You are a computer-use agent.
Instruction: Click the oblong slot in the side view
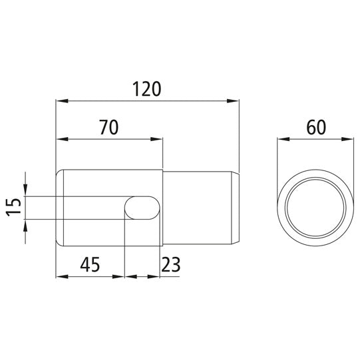(143, 208)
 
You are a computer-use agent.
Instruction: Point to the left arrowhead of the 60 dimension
(283, 140)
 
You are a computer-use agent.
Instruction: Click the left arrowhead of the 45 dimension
(62, 275)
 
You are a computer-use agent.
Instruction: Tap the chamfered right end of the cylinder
(235, 208)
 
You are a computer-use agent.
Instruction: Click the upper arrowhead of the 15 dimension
(25, 191)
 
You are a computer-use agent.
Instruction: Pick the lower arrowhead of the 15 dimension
(25, 225)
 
